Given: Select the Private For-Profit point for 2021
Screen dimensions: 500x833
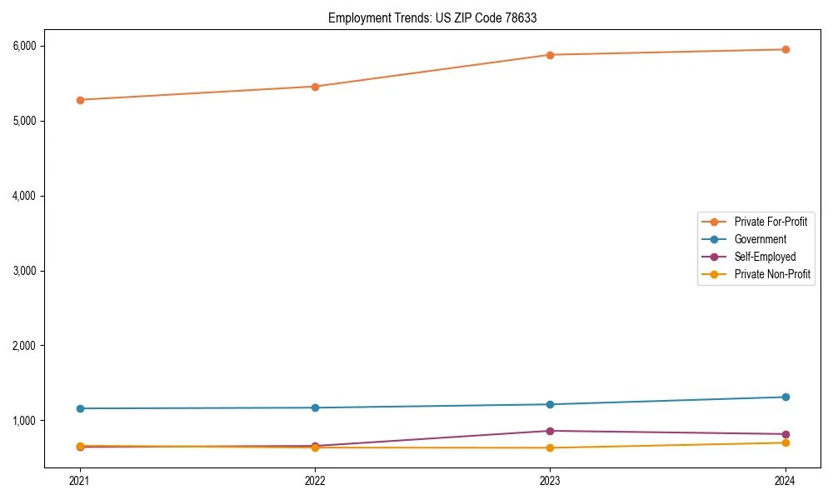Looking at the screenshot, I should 80,100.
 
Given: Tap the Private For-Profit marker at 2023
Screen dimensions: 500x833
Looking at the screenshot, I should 550,55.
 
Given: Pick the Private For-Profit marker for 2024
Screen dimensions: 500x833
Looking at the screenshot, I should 785,49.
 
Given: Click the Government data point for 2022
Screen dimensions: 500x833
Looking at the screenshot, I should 315,407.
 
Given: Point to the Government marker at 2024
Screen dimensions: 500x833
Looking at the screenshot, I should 785,397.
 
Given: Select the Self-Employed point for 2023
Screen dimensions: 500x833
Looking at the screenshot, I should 550,431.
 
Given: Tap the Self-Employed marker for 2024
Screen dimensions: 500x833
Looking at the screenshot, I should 785,434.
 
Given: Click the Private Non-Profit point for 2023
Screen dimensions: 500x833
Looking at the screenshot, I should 550,447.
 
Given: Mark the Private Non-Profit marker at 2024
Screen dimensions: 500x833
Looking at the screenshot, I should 785,442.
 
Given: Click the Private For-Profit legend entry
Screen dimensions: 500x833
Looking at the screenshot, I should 771,222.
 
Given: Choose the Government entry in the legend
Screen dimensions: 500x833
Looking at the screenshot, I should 760,239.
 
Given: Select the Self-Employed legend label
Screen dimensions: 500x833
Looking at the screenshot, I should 765,257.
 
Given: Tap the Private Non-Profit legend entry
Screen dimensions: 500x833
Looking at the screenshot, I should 772,274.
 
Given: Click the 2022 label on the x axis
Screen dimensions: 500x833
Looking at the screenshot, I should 315,480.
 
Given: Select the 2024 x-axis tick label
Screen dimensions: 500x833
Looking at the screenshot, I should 785,480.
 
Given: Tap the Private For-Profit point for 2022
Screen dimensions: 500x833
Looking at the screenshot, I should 315,87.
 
